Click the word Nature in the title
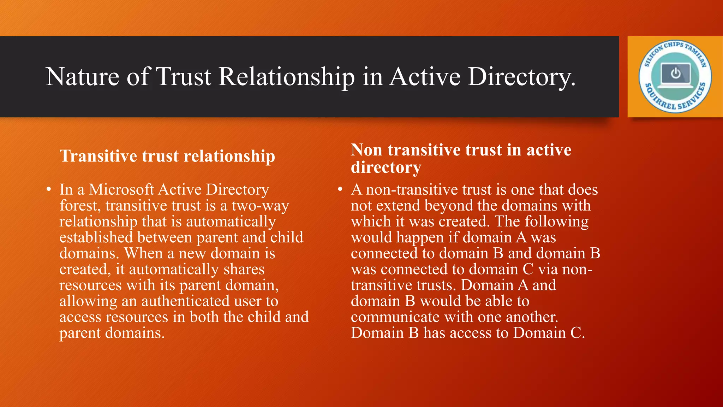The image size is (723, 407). (83, 77)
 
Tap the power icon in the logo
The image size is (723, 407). (675, 73)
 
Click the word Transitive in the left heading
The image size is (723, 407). (98, 156)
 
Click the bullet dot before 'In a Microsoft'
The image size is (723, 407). (49, 190)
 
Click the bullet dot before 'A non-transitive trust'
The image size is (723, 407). (340, 190)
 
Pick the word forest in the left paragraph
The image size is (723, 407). (77, 206)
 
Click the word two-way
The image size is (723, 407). (260, 206)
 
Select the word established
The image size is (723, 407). (96, 237)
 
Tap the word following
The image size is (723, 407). (556, 222)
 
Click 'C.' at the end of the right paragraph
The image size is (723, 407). (578, 333)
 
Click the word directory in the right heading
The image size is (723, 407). (386, 167)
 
